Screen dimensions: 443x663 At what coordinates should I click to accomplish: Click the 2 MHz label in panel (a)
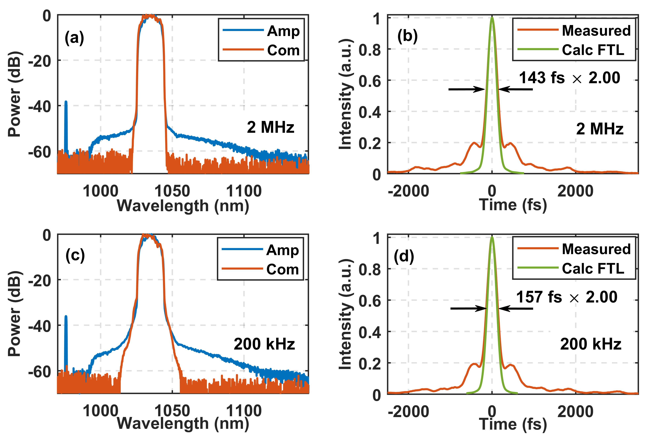pyautogui.click(x=270, y=127)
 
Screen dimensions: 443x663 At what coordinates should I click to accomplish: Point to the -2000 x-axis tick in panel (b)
pyautogui.click(x=408, y=191)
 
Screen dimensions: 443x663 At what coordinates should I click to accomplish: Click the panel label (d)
pyautogui.click(x=404, y=256)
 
